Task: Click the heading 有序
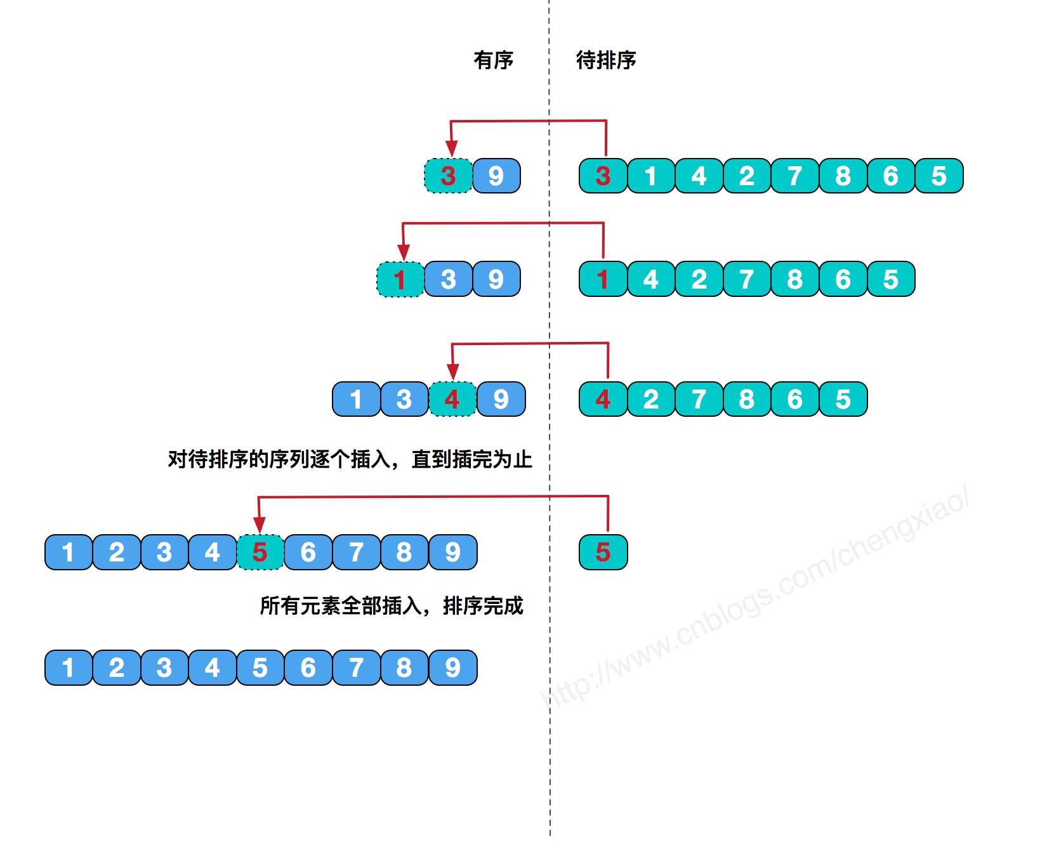click(x=493, y=60)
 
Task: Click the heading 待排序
click(x=605, y=60)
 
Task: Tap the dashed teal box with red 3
click(x=448, y=176)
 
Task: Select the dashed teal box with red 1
click(x=400, y=279)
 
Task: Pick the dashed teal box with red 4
click(x=452, y=399)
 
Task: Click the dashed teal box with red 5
click(x=260, y=552)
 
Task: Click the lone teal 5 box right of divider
click(x=603, y=552)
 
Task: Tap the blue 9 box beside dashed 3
click(x=496, y=176)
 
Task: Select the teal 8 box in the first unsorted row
click(x=843, y=176)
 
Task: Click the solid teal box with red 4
click(x=603, y=399)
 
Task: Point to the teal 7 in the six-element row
click(x=699, y=399)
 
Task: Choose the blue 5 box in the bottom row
click(x=260, y=667)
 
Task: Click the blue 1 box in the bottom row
click(x=68, y=667)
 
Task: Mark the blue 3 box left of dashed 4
click(x=404, y=399)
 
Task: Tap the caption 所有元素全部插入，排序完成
click(x=392, y=606)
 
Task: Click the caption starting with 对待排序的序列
click(x=349, y=459)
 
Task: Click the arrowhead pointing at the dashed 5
click(x=259, y=525)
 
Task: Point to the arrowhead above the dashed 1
click(x=404, y=252)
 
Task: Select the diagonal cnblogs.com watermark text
click(x=755, y=596)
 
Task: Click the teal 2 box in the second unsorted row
click(x=699, y=279)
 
